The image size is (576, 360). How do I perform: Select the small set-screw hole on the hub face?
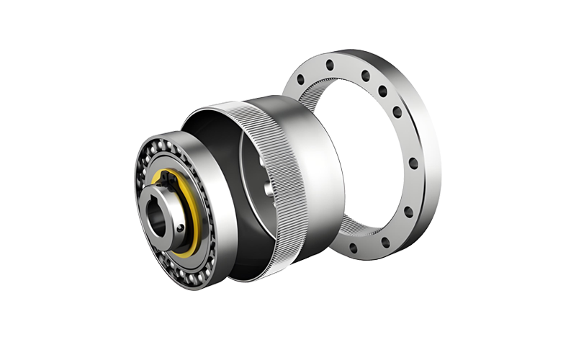point(178,229)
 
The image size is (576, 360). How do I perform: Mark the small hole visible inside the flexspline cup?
point(268,189)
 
